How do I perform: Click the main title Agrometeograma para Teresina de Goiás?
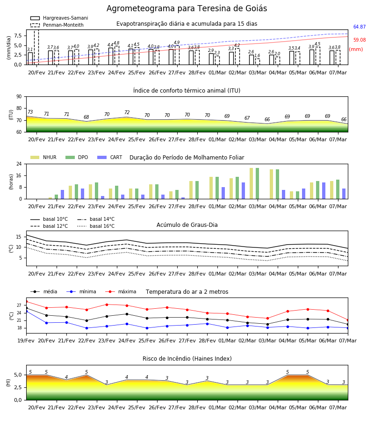pos(187,8)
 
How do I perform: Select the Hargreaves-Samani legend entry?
pos(59,18)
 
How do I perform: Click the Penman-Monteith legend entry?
pos(57,25)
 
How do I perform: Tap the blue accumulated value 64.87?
pos(360,27)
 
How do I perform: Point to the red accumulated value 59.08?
pos(360,40)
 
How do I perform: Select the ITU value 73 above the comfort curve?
pos(30,112)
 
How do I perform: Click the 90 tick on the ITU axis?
pos(19,97)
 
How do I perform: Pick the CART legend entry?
pos(109,157)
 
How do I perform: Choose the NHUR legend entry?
pos(43,157)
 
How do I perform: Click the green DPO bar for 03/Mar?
pos(257,183)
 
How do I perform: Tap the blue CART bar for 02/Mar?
pos(244,191)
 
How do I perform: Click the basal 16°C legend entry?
pos(96,226)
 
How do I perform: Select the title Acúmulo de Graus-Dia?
pos(187,225)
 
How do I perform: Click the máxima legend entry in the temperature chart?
pos(121,291)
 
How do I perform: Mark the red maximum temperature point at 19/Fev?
pos(27,302)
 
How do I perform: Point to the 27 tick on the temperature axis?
pos(19,305)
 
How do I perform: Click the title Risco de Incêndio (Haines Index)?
pos(187,359)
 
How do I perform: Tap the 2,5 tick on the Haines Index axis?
pos(18,387)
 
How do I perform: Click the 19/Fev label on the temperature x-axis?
pos(26,341)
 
